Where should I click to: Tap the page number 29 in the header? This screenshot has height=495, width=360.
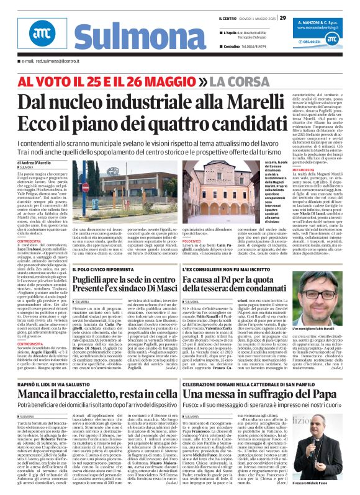[282, 18]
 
